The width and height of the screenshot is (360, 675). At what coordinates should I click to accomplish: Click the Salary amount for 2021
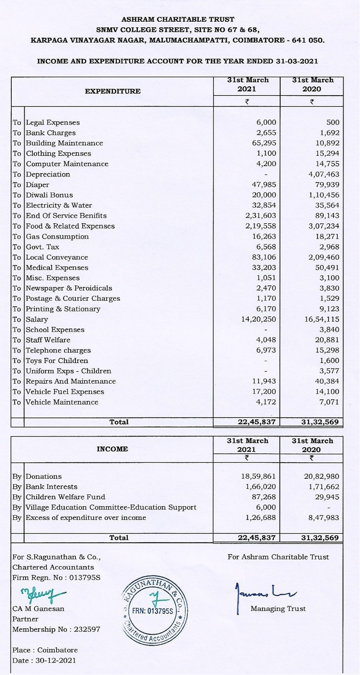pos(258,319)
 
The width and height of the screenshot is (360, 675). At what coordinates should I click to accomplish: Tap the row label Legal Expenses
pos(53,123)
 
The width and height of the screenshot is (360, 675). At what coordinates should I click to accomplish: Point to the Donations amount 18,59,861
pos(258,476)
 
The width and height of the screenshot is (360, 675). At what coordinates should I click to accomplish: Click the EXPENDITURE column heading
pos(112,91)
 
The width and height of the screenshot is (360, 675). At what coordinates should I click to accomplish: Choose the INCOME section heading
pos(112,449)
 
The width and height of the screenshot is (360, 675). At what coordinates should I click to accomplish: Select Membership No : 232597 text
pos(56,629)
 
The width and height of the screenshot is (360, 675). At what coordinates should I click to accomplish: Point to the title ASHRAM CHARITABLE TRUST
pos(178,19)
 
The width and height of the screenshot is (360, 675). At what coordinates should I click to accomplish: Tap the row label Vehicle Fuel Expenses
pos(65,392)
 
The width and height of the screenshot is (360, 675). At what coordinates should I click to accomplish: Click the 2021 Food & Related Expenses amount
pos(260,226)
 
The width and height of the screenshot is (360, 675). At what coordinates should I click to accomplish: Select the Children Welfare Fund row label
pos(65,497)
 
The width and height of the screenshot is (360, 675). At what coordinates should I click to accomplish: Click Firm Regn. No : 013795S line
pos(56,577)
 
